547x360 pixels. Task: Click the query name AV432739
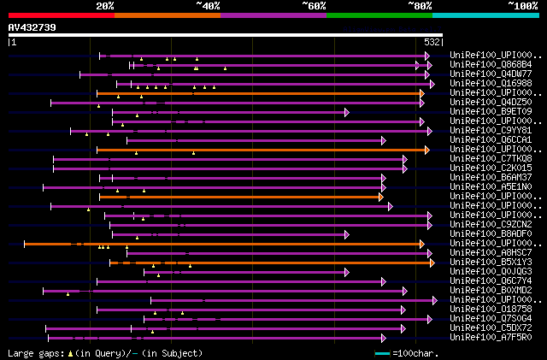[x=32, y=27]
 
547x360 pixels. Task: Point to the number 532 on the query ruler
[x=432, y=42]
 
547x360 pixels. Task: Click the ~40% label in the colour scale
[x=208, y=6]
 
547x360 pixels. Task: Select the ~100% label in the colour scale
[x=523, y=6]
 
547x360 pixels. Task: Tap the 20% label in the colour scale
[x=105, y=6]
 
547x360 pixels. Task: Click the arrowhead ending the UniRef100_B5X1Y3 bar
[x=432, y=263]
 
